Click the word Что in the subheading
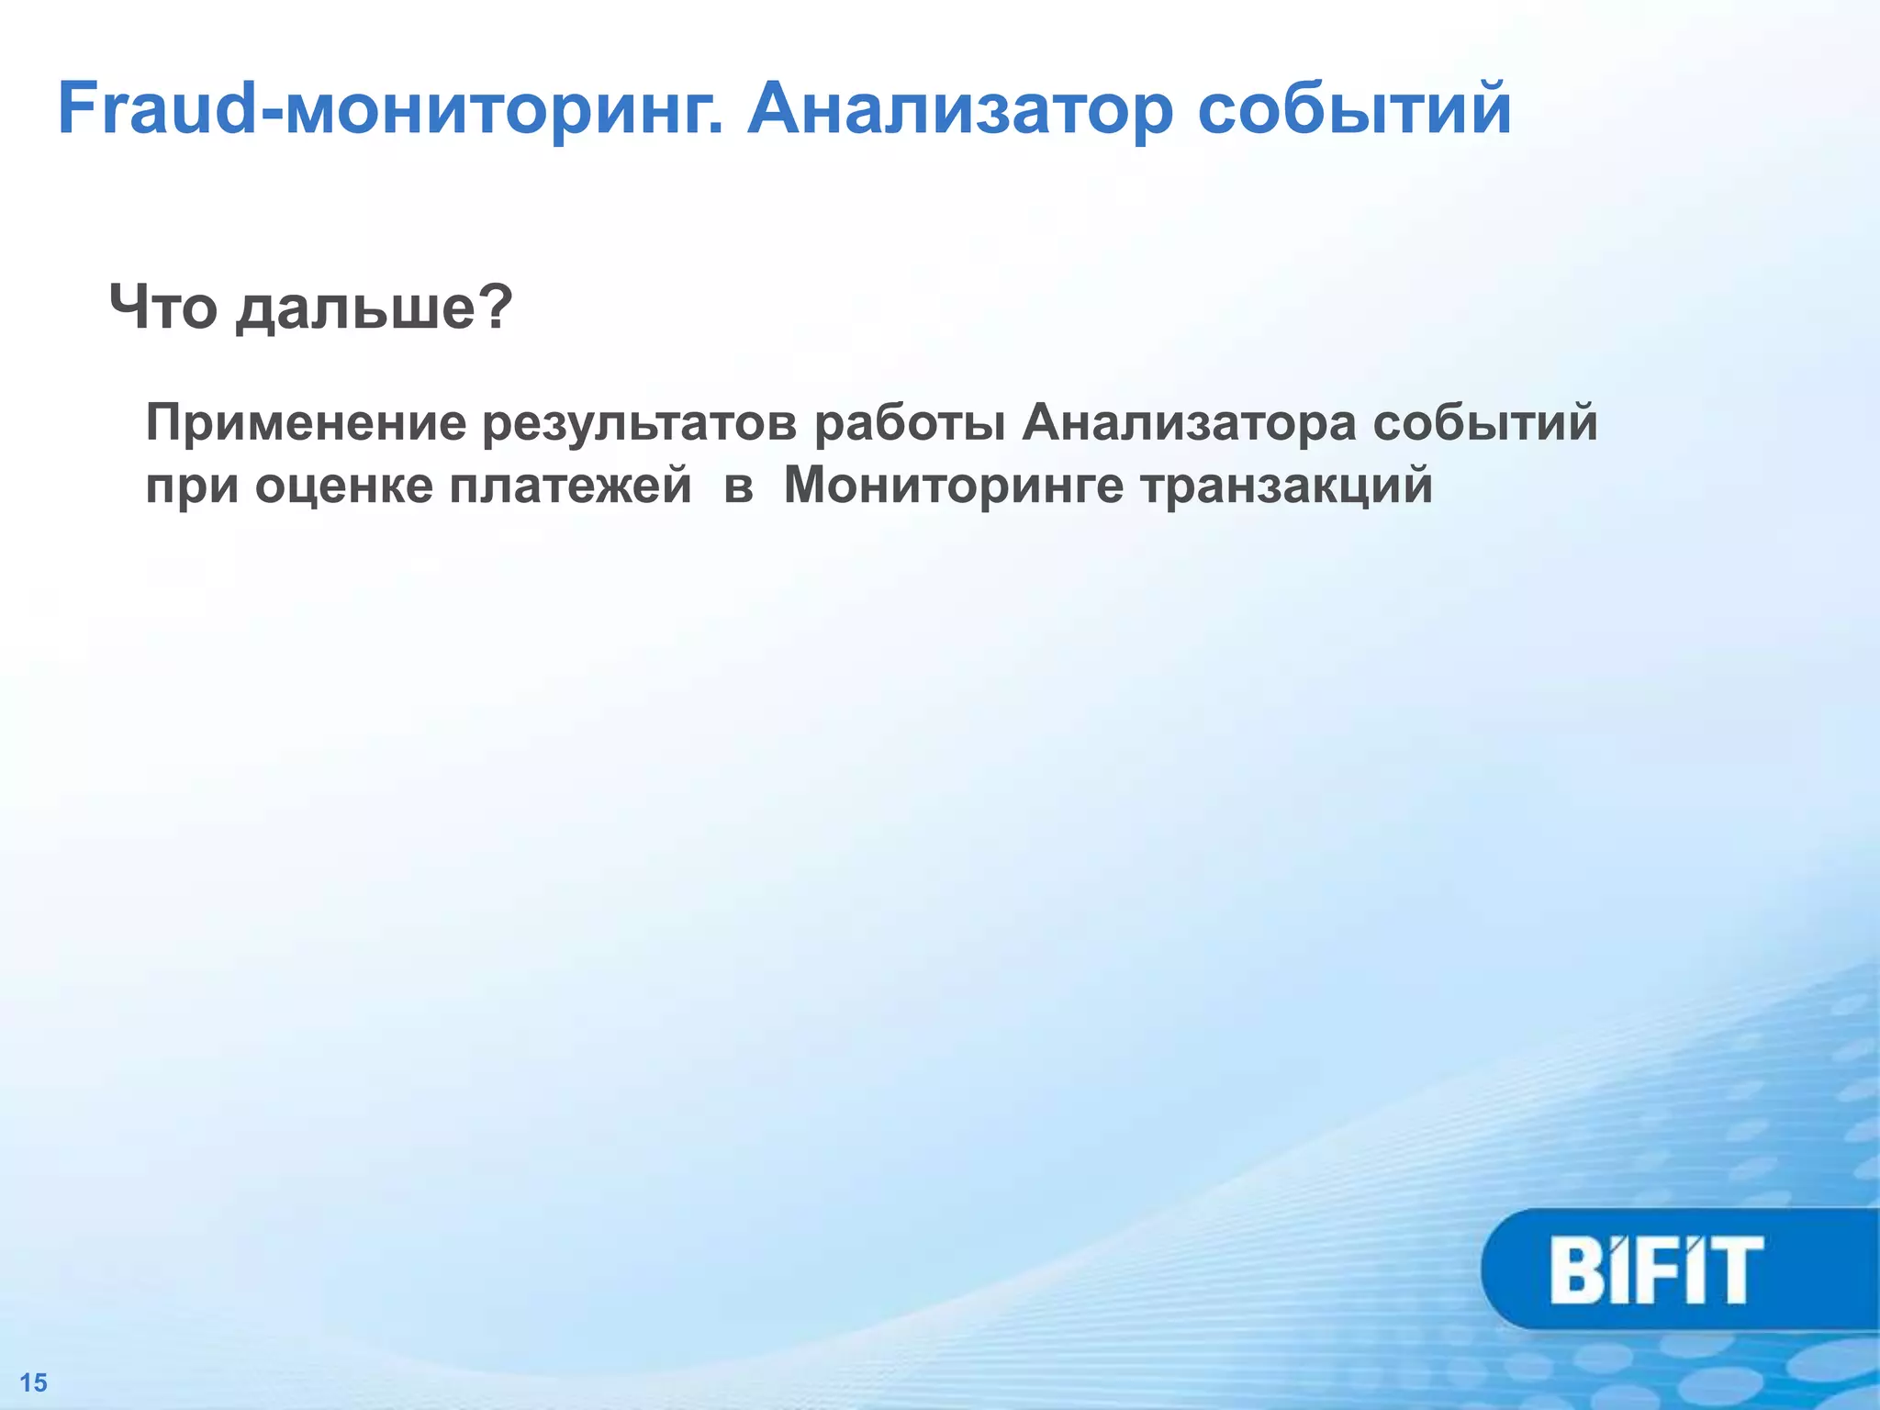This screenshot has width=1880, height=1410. [x=163, y=308]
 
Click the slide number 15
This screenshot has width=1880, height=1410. [x=34, y=1382]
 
